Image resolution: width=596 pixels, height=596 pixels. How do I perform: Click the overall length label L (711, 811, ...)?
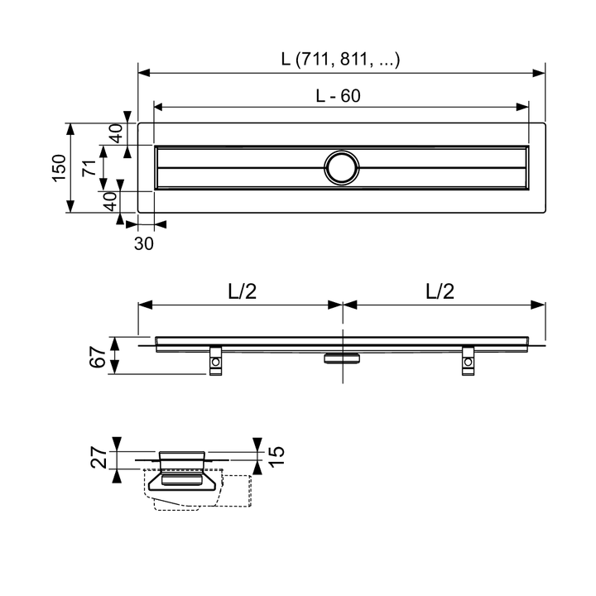(340, 59)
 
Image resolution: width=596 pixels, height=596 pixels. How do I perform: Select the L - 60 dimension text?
(338, 96)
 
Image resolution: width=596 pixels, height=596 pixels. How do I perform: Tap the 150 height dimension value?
(58, 168)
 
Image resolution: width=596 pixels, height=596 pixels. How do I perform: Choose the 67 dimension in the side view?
(97, 356)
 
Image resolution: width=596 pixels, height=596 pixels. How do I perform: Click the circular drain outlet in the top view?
(341, 166)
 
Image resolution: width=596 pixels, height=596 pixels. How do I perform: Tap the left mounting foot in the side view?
(215, 361)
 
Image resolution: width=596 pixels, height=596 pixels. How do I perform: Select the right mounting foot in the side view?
(469, 361)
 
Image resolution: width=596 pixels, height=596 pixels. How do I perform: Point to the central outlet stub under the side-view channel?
(341, 358)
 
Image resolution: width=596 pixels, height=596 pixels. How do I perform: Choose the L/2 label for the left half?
(241, 291)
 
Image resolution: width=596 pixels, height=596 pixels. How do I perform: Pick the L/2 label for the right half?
(440, 291)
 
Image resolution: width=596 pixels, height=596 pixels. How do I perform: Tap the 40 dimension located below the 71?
(108, 201)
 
